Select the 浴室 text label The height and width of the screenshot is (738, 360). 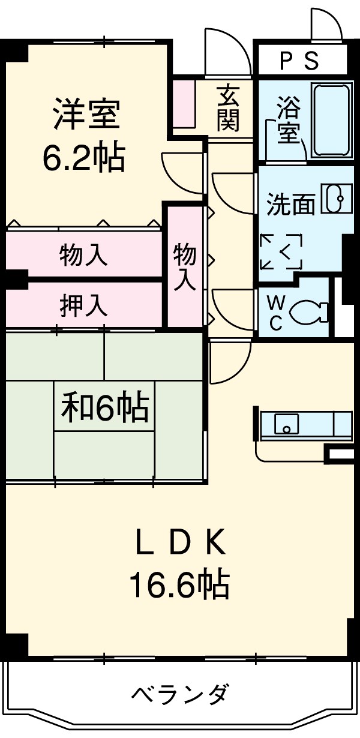(x=289, y=121)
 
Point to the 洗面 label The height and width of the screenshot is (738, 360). (x=290, y=205)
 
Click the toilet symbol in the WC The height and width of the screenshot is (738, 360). (x=308, y=312)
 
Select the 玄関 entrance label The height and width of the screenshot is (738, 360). (x=229, y=109)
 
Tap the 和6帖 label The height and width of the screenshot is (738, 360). (x=105, y=408)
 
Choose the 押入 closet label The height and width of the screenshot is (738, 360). (x=84, y=305)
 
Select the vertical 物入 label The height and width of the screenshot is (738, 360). (x=185, y=268)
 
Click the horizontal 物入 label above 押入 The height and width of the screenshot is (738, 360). (x=84, y=255)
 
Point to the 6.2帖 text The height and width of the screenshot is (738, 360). (x=84, y=158)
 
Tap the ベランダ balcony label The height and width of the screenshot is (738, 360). (x=179, y=695)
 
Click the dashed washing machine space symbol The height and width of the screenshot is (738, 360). (x=281, y=252)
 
